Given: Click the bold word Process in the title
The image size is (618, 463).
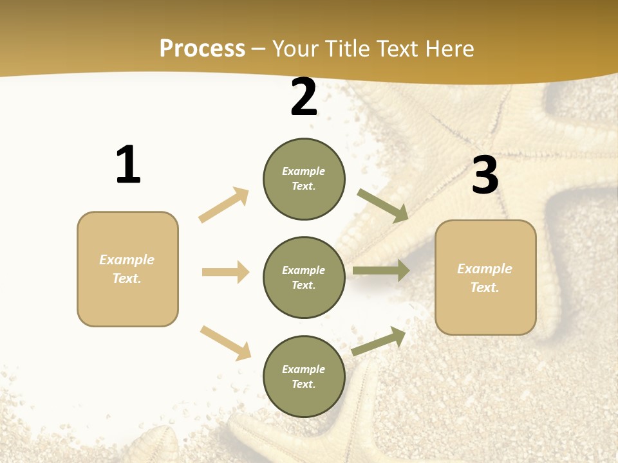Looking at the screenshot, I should pos(202,49).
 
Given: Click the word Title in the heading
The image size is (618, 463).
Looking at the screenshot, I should pos(348,49).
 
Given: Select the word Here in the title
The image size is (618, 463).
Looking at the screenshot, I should pos(450,49).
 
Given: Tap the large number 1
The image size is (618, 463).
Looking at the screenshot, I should pos(128,165).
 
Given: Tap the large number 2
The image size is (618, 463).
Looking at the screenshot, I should pos(304,98).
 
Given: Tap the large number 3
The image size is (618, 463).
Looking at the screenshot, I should pos(485,175).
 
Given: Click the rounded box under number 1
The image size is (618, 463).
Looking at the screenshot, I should pos(127,269).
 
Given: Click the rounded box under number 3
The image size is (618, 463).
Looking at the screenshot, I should pos(485,278).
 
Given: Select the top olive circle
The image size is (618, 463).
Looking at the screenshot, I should pos(304,179).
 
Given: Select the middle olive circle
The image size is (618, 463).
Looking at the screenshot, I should pos(304,277).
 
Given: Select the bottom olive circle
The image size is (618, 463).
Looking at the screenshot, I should pos(304,376).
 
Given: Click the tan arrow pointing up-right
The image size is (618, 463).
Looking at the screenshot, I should pos(224,204).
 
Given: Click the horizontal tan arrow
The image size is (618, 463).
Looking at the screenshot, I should pos(225,272).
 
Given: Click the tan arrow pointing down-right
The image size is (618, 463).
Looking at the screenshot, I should pos(225,343).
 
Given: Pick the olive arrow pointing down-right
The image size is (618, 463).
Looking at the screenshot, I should pos(383,205).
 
